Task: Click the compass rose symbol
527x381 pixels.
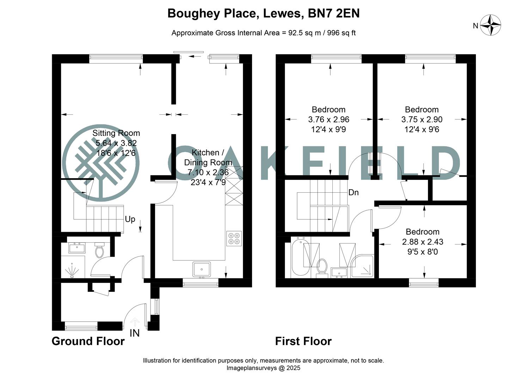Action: [x=491, y=25]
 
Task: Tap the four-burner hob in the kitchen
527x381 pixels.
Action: [x=234, y=238]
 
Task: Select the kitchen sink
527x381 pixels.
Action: [x=202, y=270]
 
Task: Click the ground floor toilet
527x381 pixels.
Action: [x=100, y=250]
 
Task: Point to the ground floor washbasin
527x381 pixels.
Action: [x=76, y=248]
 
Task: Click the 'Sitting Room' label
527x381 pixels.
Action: [x=116, y=133]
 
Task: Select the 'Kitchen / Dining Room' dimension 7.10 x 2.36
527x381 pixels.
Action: [x=208, y=173]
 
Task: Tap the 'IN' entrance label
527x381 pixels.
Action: [x=135, y=333]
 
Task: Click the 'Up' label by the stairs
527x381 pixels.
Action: [x=130, y=219]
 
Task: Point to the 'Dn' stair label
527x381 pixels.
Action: [x=353, y=192]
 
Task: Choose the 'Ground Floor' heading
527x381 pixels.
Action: [x=88, y=341]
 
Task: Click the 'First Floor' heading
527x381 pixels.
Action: [x=303, y=341]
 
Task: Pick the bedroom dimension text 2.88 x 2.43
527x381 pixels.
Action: [x=423, y=242]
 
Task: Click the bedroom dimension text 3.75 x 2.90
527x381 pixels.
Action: [x=422, y=120]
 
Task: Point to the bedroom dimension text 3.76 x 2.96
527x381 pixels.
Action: [x=329, y=120]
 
